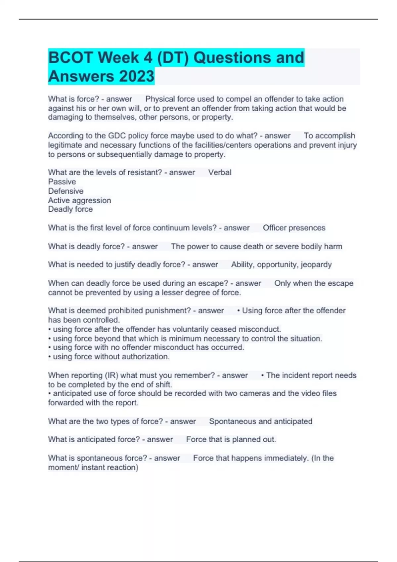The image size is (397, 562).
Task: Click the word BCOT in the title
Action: point(70,58)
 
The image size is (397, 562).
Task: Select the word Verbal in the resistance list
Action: point(220,172)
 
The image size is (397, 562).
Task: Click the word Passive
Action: point(62,181)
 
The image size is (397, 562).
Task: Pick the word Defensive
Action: point(66,191)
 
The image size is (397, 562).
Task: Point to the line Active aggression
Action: point(79,200)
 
